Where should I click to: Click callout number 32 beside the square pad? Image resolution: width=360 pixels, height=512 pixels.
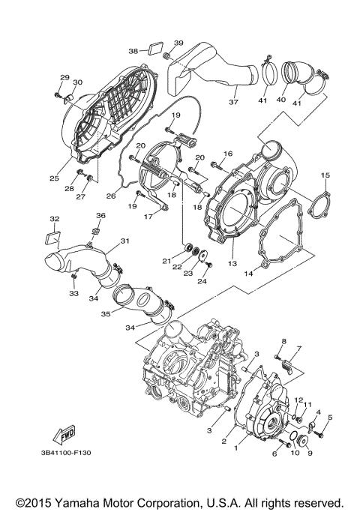click(54, 219)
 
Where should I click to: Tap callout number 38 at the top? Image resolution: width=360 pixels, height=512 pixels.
click(133, 51)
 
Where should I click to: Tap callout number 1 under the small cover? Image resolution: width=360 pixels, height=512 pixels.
click(237, 448)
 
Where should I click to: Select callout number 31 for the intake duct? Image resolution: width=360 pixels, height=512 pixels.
click(125, 241)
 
